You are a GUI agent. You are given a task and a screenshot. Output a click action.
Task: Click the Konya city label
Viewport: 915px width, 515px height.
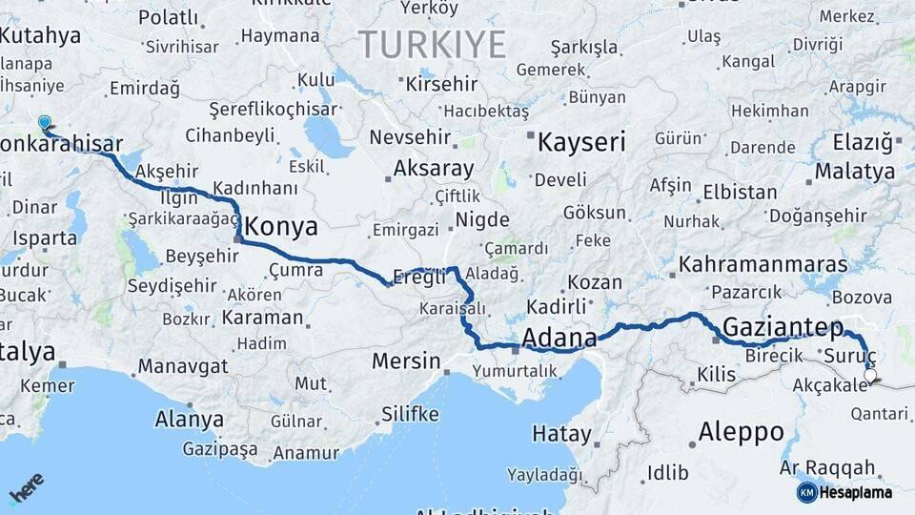tap(282, 227)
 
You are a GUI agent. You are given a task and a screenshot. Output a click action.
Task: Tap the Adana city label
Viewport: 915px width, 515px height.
tap(559, 338)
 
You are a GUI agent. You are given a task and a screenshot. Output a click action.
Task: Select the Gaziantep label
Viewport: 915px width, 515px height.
tap(783, 327)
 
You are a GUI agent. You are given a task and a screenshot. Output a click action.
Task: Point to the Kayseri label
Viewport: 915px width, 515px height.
tap(581, 143)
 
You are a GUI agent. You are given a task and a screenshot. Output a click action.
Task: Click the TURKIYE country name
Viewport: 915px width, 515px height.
tap(432, 44)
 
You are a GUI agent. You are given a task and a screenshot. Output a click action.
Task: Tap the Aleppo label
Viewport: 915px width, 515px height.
tap(741, 431)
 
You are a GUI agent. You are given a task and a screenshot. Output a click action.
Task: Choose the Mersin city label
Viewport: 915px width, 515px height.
tap(406, 361)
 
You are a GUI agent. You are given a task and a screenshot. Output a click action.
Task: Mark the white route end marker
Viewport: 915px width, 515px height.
tap(869, 376)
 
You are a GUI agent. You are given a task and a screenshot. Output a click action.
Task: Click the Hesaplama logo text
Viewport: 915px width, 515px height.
tap(857, 492)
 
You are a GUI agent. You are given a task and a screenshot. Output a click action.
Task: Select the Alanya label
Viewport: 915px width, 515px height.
tap(189, 419)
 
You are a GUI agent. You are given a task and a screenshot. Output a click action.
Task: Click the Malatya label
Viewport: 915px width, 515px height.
tap(863, 172)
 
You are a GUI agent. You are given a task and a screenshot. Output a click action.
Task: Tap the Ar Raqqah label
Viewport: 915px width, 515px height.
tap(826, 467)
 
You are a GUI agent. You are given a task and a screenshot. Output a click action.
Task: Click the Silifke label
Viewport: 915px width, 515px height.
tap(410, 413)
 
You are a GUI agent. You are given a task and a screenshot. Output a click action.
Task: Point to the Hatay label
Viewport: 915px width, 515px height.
tap(561, 434)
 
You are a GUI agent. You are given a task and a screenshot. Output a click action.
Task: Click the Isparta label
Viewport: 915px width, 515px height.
tap(45, 237)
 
